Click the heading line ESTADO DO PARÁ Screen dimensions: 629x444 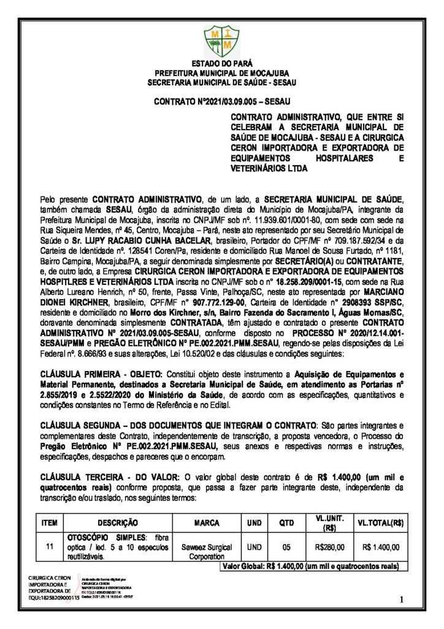(x=221, y=63)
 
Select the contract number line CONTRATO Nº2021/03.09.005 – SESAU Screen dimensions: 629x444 (x=221, y=99)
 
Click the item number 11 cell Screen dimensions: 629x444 (x=50, y=546)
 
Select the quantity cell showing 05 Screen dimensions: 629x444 (x=286, y=546)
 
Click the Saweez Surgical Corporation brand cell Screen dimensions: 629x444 (x=207, y=550)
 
